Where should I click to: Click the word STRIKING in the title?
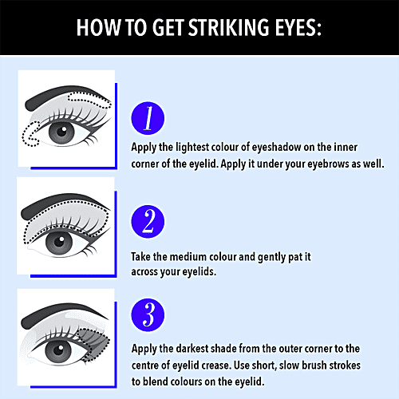tap(229, 27)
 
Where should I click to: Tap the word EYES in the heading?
tap(295, 27)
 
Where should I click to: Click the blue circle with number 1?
tap(148, 118)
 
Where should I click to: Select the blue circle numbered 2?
tap(148, 221)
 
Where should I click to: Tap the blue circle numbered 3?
tap(148, 315)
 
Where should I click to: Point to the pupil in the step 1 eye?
tap(61, 131)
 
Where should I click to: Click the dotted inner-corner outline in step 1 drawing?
tap(30, 134)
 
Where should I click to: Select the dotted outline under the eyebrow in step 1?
tap(89, 100)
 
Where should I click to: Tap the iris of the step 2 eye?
tap(59, 242)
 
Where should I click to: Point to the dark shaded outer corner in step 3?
tap(94, 344)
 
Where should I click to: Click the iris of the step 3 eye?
tap(58, 350)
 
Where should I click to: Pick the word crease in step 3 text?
tap(215, 365)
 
